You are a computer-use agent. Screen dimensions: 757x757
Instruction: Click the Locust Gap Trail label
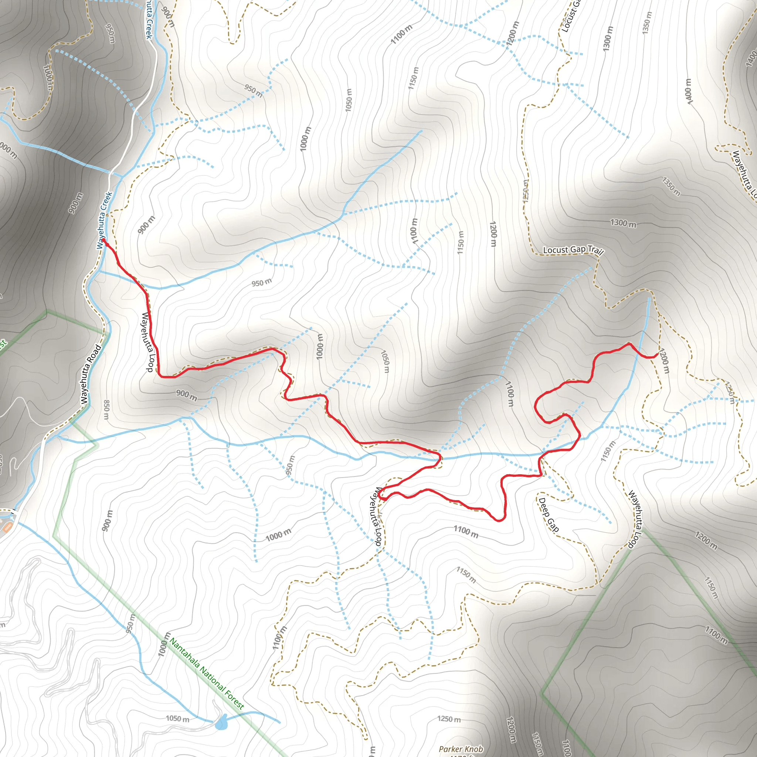point(573,250)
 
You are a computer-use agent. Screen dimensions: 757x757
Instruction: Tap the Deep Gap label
point(549,515)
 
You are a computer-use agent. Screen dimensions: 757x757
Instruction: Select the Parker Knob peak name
point(461,749)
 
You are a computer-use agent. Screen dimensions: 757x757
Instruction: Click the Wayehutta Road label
point(91,374)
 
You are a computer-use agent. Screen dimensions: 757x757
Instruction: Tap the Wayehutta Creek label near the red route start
point(104,220)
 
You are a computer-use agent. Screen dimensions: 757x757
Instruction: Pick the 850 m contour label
point(106,410)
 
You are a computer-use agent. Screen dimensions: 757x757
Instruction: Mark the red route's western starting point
point(103,240)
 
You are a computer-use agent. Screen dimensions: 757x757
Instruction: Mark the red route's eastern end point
point(657,354)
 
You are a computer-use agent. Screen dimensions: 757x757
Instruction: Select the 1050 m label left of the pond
point(177,719)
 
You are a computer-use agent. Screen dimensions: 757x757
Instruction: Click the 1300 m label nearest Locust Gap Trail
point(623,223)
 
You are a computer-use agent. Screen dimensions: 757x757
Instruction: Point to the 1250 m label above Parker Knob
point(449,719)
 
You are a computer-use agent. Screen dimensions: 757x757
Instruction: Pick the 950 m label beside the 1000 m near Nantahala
point(131,623)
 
